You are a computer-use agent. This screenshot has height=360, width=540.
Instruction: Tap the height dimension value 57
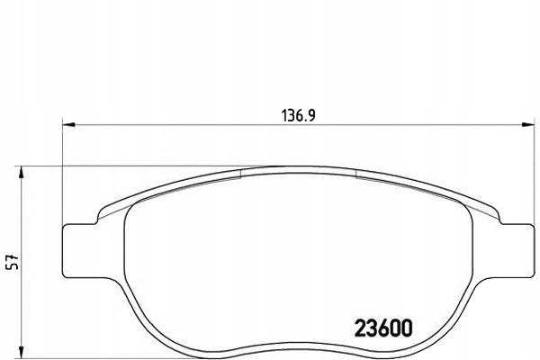pos(11,261)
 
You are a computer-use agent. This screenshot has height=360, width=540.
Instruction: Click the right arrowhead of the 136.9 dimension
pos(526,125)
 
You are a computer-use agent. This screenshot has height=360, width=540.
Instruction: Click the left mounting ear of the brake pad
pos(79,249)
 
